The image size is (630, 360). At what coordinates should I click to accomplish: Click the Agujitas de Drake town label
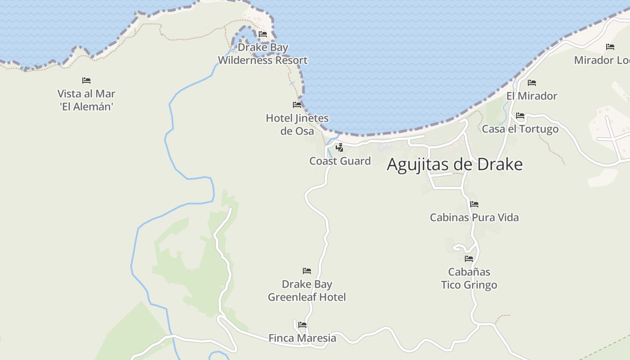(x=454, y=165)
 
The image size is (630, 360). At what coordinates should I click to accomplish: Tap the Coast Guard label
(x=340, y=161)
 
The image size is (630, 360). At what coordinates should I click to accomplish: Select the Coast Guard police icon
(x=340, y=147)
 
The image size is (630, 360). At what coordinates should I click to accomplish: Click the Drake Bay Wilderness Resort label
(x=263, y=54)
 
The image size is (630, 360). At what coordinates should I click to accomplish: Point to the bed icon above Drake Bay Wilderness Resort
(x=263, y=34)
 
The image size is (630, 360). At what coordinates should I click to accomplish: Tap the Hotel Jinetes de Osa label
(x=297, y=125)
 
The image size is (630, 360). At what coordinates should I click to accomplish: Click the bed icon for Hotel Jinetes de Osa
(x=297, y=105)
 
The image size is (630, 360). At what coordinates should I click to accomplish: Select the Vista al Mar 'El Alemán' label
(x=86, y=100)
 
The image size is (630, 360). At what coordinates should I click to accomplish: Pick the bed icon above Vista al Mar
(x=86, y=81)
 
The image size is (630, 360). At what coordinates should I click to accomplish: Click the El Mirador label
(x=531, y=96)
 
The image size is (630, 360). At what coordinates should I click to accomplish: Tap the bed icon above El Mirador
(x=532, y=83)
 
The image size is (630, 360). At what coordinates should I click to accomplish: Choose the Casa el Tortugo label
(x=520, y=129)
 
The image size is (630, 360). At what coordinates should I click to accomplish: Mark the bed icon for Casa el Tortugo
(x=520, y=116)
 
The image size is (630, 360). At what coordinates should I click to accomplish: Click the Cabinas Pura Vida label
(x=474, y=218)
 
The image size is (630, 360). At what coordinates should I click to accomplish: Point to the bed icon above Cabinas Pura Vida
(x=474, y=204)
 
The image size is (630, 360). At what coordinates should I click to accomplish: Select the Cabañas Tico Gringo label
(x=469, y=279)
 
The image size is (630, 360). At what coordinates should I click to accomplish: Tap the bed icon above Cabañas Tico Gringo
(x=469, y=259)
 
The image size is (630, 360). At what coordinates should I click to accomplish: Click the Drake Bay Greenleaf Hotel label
(x=307, y=291)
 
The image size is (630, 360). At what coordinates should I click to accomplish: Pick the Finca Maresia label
(x=302, y=338)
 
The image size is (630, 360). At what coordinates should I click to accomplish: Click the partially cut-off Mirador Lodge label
(x=602, y=60)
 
